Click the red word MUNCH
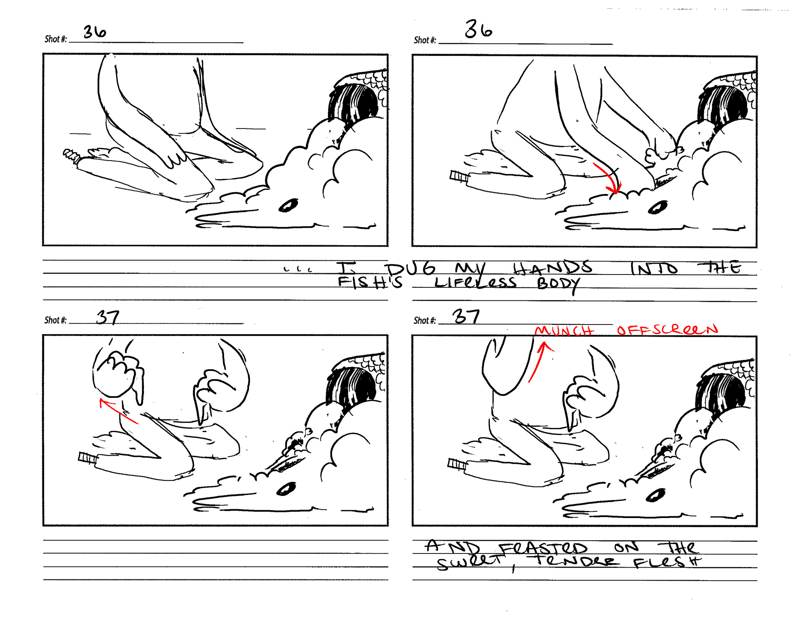click(x=564, y=331)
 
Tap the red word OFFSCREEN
click(x=667, y=330)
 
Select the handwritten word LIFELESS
click(x=476, y=282)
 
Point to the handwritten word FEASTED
click(x=543, y=548)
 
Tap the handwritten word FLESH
click(x=667, y=562)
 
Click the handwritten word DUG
click(x=411, y=269)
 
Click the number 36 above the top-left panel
click(x=95, y=32)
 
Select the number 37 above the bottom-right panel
click(x=466, y=316)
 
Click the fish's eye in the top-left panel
click(x=288, y=205)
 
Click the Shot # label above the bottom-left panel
click(x=55, y=320)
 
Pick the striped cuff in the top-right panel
click(x=459, y=177)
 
